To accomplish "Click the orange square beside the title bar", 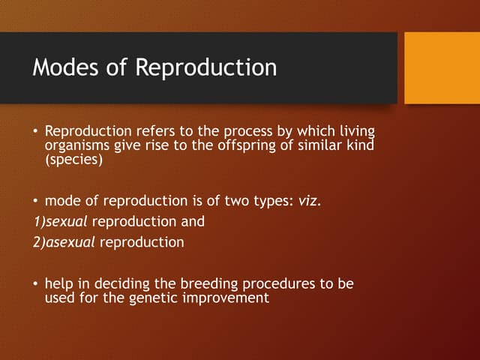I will coord(442,67).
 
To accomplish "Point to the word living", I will coord(355,130).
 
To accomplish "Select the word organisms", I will coord(78,145).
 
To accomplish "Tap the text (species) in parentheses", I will coord(73,159).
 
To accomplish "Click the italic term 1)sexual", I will coord(57,222).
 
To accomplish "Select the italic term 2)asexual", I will coord(64,243).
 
